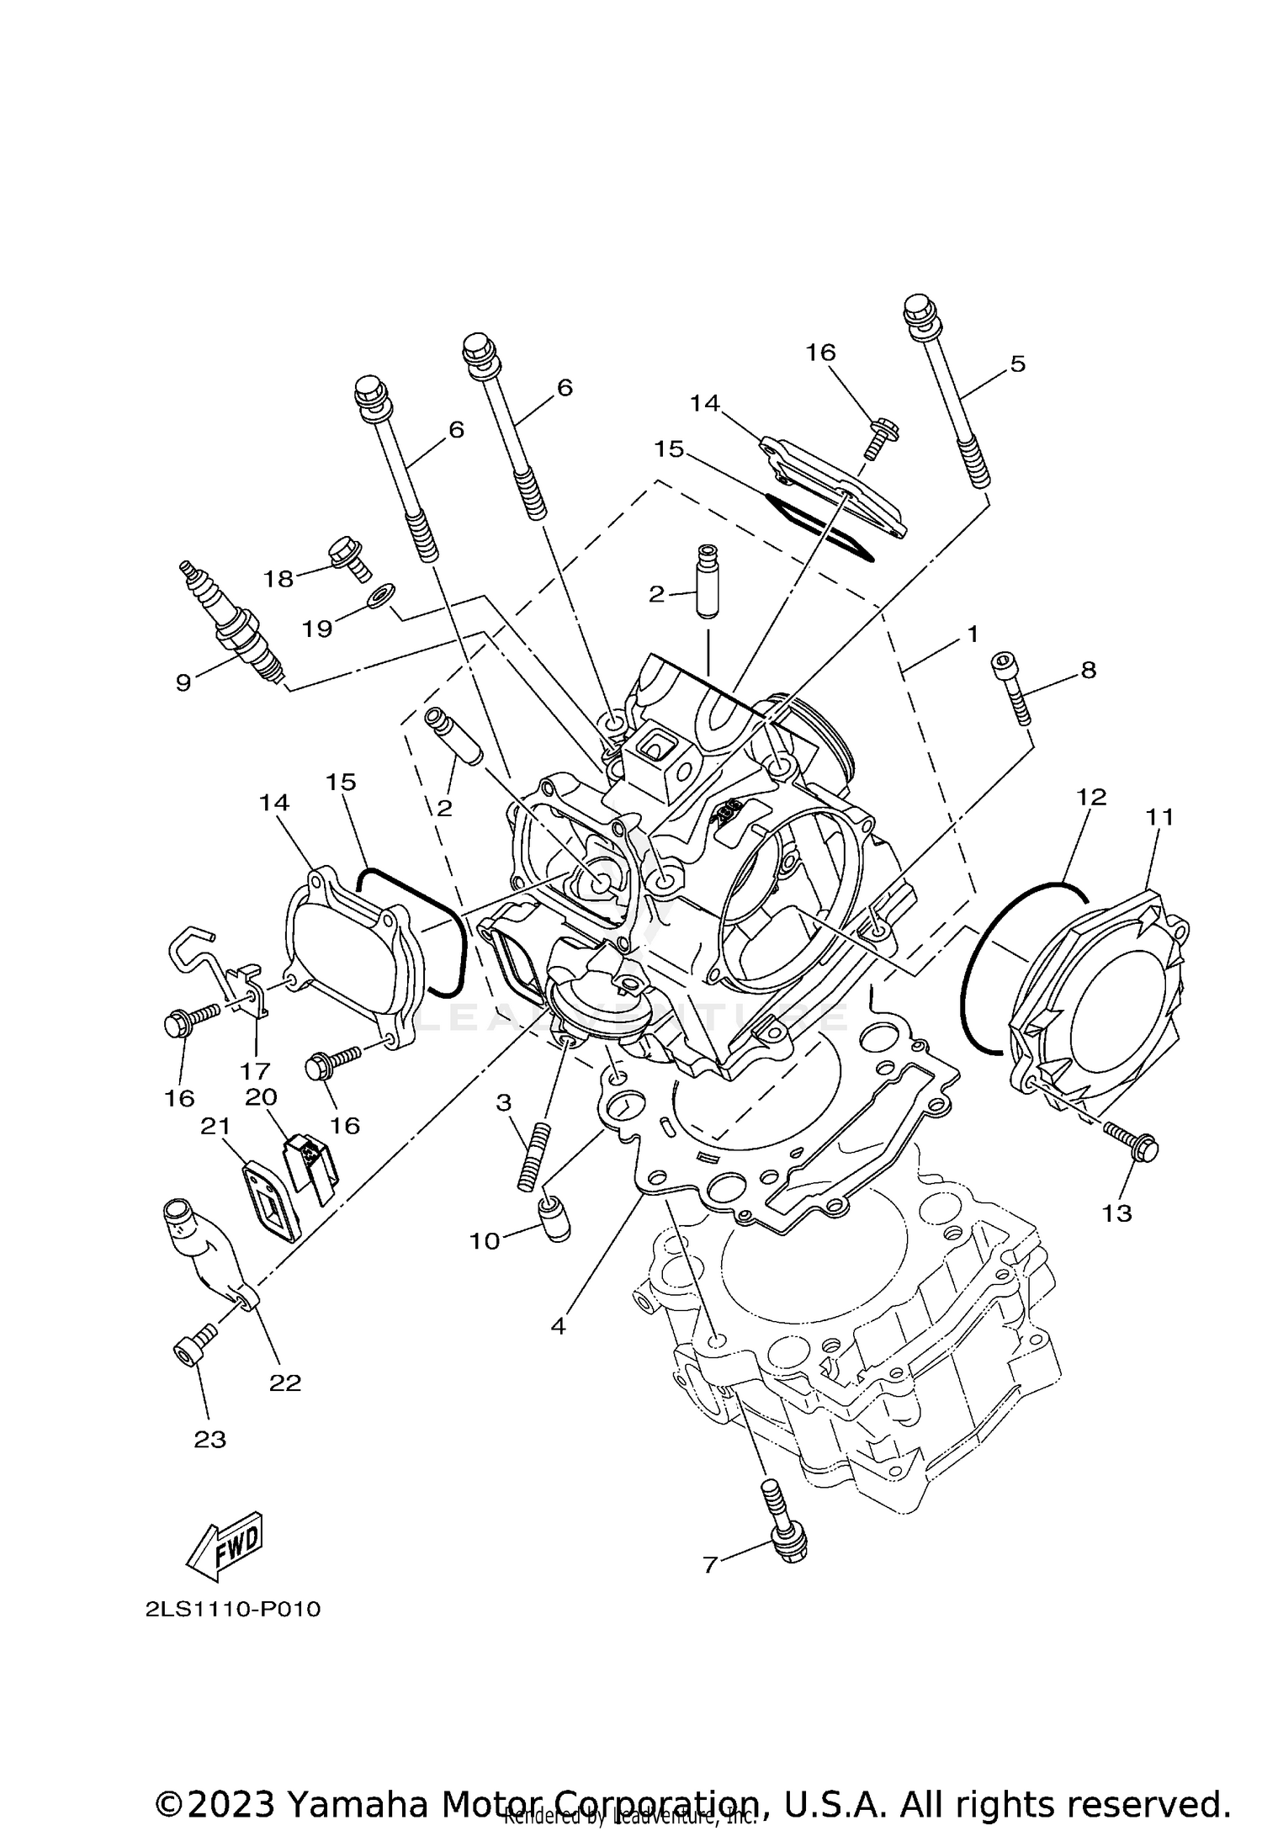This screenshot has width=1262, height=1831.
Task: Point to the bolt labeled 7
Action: click(784, 1528)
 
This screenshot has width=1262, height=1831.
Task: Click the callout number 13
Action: click(1118, 1213)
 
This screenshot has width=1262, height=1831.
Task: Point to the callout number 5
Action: click(1018, 364)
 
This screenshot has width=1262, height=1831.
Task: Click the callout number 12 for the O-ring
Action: click(1090, 796)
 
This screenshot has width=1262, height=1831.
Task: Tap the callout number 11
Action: click(1159, 816)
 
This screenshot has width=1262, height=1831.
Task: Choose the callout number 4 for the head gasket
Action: click(558, 1327)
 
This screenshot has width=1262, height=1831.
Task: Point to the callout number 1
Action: click(973, 634)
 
